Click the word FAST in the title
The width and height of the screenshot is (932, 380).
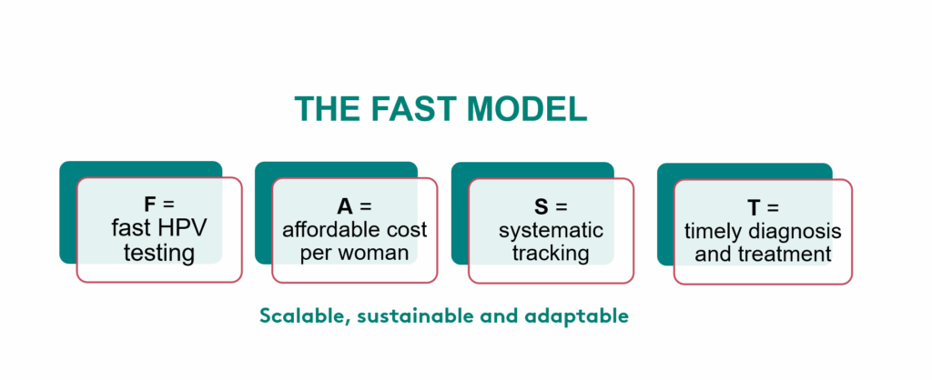point(414,109)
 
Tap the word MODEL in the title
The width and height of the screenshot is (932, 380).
point(527,109)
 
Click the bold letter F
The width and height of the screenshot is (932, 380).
point(150,205)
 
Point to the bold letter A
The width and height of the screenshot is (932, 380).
point(345,206)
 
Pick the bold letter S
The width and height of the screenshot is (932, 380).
point(541,206)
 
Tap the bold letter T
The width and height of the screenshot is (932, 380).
point(754,208)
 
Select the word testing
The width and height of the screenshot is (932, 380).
point(159,253)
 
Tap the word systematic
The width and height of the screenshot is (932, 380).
point(551,230)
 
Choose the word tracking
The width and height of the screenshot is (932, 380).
point(551,254)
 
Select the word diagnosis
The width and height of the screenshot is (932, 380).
point(794,232)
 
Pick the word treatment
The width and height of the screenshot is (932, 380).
point(785,255)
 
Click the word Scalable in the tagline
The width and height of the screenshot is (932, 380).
point(301,316)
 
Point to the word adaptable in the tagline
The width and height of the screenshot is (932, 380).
point(576,316)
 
